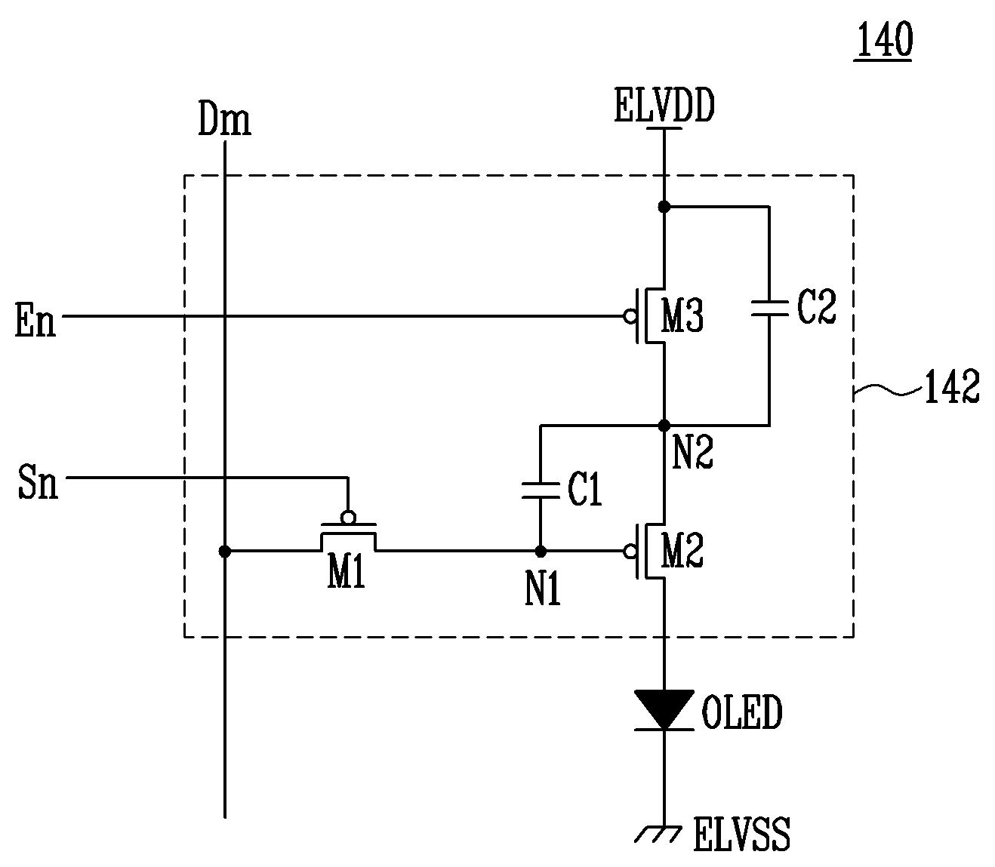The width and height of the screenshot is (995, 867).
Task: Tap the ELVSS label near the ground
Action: (741, 834)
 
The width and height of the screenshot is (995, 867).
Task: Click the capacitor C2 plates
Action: (769, 308)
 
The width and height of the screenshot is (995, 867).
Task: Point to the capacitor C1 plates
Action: (541, 490)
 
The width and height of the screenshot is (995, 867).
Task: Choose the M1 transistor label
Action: (346, 571)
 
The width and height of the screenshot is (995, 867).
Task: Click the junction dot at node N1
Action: (541, 551)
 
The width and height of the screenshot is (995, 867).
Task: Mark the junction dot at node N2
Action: (664, 426)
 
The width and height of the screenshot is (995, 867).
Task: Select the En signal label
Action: (35, 319)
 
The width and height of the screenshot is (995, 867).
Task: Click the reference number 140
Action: (884, 41)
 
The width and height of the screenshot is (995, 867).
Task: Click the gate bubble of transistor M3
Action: (630, 317)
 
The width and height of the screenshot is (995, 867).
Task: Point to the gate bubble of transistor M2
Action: (630, 551)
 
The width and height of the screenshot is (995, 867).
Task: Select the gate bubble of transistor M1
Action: (348, 517)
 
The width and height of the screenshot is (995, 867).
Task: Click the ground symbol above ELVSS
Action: (658, 834)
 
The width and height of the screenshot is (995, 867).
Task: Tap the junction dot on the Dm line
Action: (225, 551)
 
